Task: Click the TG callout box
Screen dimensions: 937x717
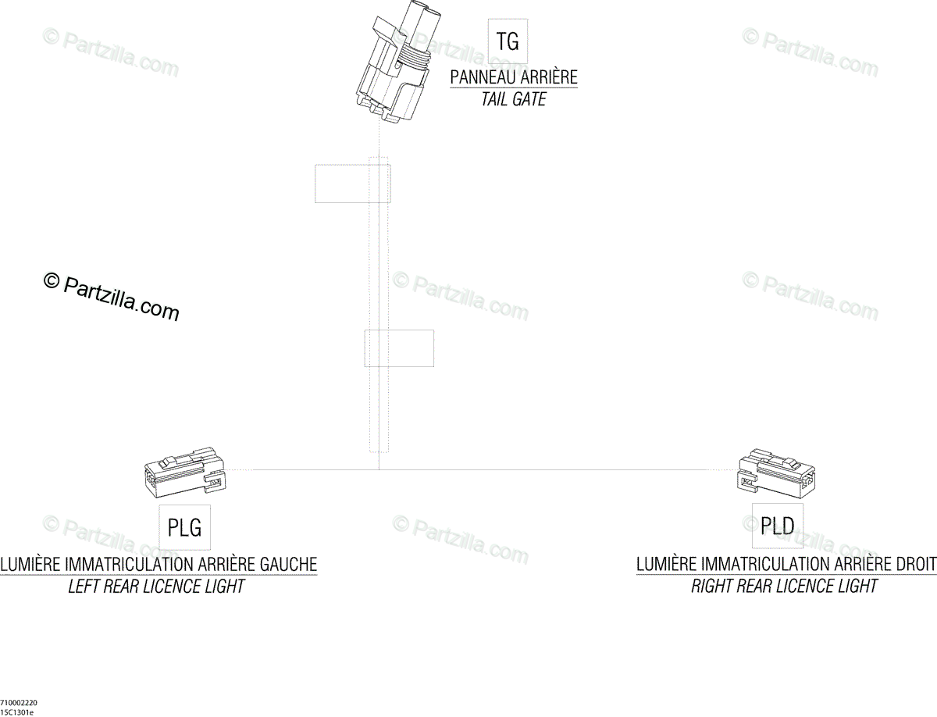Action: coord(508,41)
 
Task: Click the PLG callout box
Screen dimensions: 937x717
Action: coord(185,527)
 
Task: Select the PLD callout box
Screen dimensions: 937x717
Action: coord(777,526)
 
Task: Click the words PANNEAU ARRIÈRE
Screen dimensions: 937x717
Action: coord(514,77)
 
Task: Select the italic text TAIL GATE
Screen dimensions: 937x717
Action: coord(514,100)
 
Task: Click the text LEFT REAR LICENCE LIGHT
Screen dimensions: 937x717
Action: coord(156,587)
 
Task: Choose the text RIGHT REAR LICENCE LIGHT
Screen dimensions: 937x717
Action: coord(784,587)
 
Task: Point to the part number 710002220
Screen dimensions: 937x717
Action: coord(18,702)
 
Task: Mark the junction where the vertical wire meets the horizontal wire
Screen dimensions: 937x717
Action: coord(379,469)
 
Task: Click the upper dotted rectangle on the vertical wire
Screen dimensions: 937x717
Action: coord(352,184)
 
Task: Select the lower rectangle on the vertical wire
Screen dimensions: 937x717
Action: coord(399,348)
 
